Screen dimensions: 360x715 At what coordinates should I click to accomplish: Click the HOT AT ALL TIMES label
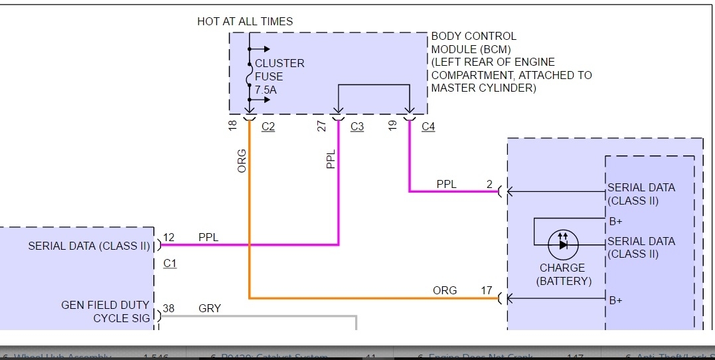[245, 22]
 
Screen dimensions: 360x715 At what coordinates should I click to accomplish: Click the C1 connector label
[170, 264]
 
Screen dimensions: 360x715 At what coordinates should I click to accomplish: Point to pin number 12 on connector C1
[168, 237]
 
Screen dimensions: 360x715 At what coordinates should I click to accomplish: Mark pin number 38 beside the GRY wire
[168, 308]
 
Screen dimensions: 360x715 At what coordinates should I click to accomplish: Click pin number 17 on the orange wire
[487, 290]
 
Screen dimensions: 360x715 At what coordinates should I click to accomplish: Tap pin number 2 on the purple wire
[489, 185]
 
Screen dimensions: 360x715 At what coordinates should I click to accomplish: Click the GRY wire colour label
[209, 308]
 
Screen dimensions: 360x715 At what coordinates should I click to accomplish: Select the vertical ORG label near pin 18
[242, 161]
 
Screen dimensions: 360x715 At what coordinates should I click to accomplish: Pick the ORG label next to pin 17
[445, 290]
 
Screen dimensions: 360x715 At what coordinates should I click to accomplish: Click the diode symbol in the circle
[562, 244]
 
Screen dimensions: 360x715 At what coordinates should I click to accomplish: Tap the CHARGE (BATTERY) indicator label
[562, 274]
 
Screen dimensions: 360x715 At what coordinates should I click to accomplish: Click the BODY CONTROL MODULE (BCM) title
[473, 42]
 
